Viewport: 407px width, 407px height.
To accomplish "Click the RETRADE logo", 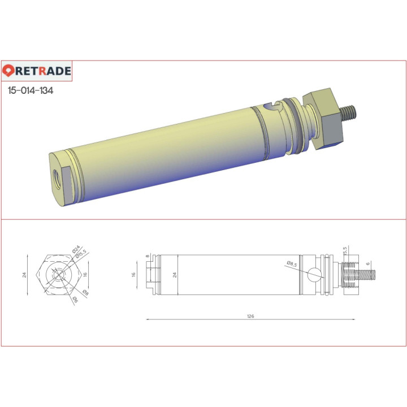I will tap(37, 71).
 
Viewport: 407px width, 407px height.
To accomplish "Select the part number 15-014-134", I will tap(31, 90).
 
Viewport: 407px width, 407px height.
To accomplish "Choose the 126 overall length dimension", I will tap(250, 316).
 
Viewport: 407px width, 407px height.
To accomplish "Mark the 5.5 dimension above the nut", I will tap(345, 250).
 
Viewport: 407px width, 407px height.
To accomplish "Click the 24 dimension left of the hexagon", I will tap(24, 275).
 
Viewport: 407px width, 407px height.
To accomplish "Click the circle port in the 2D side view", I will tap(314, 275).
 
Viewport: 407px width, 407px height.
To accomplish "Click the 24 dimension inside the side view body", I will tap(175, 275).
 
